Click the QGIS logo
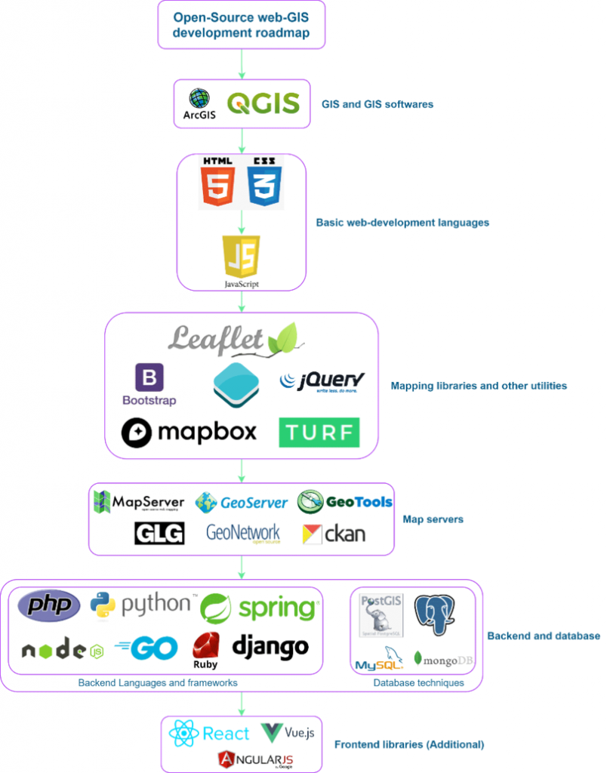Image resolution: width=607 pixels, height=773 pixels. [263, 104]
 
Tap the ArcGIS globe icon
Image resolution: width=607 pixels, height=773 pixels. [199, 98]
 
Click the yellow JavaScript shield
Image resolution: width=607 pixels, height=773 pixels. [241, 257]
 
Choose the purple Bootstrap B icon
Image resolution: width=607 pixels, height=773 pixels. [149, 377]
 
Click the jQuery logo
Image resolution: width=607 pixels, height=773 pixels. [322, 380]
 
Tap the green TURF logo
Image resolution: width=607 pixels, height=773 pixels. [319, 433]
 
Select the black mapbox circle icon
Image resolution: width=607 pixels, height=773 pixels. [138, 432]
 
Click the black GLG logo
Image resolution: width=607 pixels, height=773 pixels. [159, 534]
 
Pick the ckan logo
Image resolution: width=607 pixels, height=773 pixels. [334, 534]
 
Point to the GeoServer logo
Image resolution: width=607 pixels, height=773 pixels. [242, 502]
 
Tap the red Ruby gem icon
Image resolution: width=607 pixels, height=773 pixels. [205, 645]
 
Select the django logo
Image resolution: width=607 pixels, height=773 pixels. [270, 646]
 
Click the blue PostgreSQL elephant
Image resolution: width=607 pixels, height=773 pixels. [439, 614]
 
